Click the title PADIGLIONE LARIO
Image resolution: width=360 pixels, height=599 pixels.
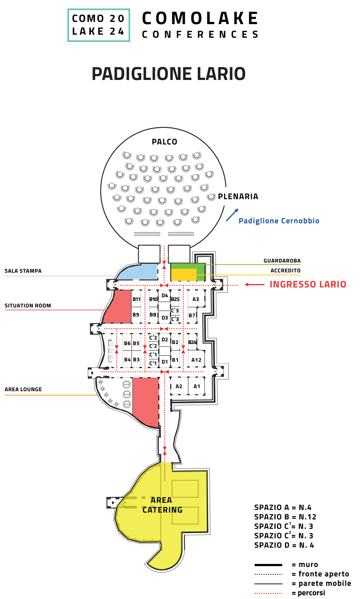pos(169,74)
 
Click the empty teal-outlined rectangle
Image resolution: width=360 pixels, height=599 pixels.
pos(99,25)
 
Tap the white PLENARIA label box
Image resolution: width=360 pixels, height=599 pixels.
pos(240,196)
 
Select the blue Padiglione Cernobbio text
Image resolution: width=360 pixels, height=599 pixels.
pos(279,221)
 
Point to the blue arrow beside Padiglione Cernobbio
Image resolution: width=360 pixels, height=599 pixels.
pos(232,215)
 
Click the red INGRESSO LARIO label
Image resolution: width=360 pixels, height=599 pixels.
pos(308,284)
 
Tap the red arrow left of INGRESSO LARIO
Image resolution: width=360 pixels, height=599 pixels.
pos(254,285)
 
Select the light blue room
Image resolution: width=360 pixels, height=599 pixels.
pos(139,272)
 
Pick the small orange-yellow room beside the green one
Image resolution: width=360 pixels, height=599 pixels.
pos(184,275)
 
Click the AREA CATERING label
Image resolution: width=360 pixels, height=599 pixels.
pos(162,505)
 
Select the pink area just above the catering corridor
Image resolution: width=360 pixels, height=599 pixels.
pos(146,400)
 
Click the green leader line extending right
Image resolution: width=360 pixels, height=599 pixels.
pos(253,264)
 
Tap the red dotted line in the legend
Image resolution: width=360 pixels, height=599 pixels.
pos(268,593)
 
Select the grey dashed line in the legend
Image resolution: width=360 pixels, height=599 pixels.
pos(268,574)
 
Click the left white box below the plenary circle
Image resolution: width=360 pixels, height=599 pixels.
pos(149,253)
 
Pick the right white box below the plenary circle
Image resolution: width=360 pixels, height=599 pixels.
pos(179,253)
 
